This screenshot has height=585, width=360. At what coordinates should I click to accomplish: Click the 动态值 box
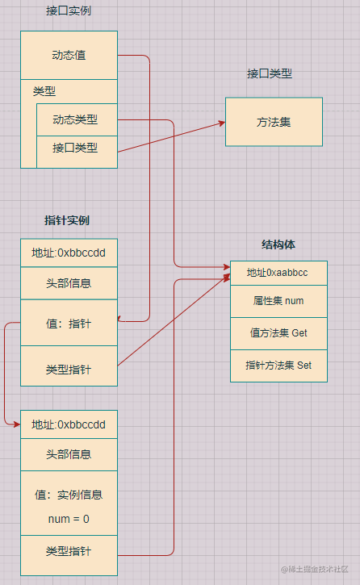click(x=69, y=55)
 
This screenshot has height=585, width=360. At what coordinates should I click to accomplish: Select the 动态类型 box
click(x=77, y=119)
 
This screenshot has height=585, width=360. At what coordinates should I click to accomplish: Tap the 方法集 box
click(x=274, y=122)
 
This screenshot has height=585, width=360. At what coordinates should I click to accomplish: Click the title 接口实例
click(x=69, y=10)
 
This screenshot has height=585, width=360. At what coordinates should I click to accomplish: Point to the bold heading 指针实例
click(x=67, y=220)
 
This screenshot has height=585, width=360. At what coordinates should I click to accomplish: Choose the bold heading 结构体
click(x=278, y=244)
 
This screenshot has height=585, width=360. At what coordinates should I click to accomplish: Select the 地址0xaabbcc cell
click(x=278, y=273)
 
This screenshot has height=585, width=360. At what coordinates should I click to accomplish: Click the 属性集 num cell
click(x=278, y=302)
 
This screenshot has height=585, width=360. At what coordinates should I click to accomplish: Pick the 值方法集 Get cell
click(x=278, y=333)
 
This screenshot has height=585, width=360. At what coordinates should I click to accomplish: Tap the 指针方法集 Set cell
click(x=278, y=366)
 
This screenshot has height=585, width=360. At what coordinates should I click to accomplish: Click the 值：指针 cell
click(x=69, y=323)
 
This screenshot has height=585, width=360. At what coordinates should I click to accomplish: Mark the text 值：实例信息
click(x=69, y=495)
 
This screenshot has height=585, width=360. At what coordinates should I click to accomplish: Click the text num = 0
click(x=69, y=519)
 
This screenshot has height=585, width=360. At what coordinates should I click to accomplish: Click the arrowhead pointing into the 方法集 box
click(x=222, y=123)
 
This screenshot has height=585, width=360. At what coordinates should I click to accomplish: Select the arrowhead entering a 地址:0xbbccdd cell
click(x=16, y=424)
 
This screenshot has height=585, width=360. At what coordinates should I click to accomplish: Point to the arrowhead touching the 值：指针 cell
click(x=119, y=319)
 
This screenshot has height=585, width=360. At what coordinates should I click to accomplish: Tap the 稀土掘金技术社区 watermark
click(x=315, y=569)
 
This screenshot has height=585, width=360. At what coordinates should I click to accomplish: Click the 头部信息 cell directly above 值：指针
click(x=69, y=283)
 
